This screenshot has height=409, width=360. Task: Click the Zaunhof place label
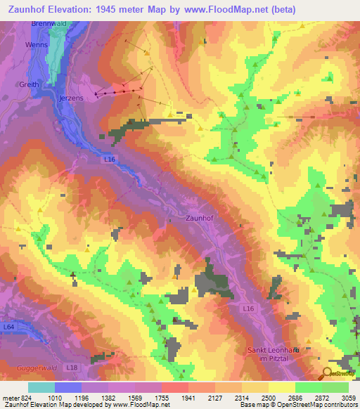200,218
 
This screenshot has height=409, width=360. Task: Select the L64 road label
8,327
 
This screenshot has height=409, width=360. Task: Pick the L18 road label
71,368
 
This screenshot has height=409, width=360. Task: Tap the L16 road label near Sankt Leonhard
247,308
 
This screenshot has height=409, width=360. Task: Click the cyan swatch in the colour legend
41,387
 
